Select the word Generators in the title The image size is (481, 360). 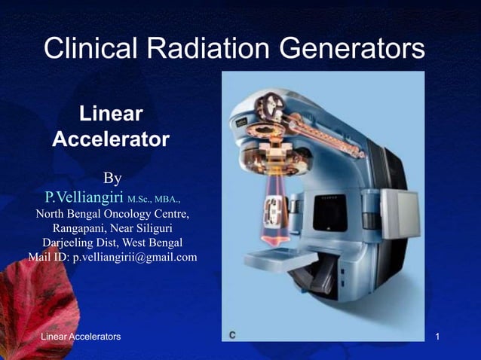coord(352,50)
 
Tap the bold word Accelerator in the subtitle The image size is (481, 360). coord(111,140)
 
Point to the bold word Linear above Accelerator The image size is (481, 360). coord(111,115)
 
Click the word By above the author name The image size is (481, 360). coord(112,178)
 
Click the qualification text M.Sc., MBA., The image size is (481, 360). coord(154,200)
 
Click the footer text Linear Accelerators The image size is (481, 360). coord(81,337)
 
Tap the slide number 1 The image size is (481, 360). coord(448,337)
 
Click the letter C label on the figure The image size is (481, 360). coord(234,334)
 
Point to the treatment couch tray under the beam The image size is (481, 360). coord(279,255)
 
